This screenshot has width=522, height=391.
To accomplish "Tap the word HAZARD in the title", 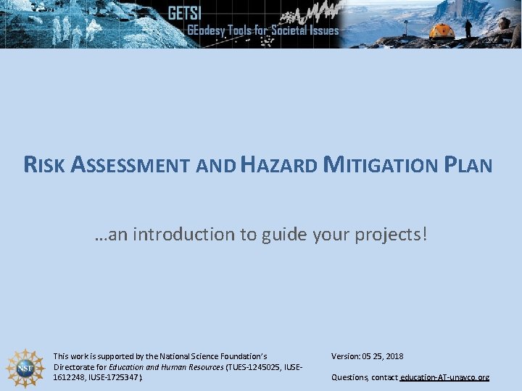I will point(279,165).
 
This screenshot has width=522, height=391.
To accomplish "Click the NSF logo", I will point(25,368).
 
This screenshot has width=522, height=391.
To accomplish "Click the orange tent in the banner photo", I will point(442,30).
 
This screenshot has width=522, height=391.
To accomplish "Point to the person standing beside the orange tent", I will point(468,28).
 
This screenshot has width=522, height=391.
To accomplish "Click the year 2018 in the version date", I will point(394,356).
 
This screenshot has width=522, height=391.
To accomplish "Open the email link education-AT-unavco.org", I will point(444,378).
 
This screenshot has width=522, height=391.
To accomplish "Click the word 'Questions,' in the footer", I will point(350,378).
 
